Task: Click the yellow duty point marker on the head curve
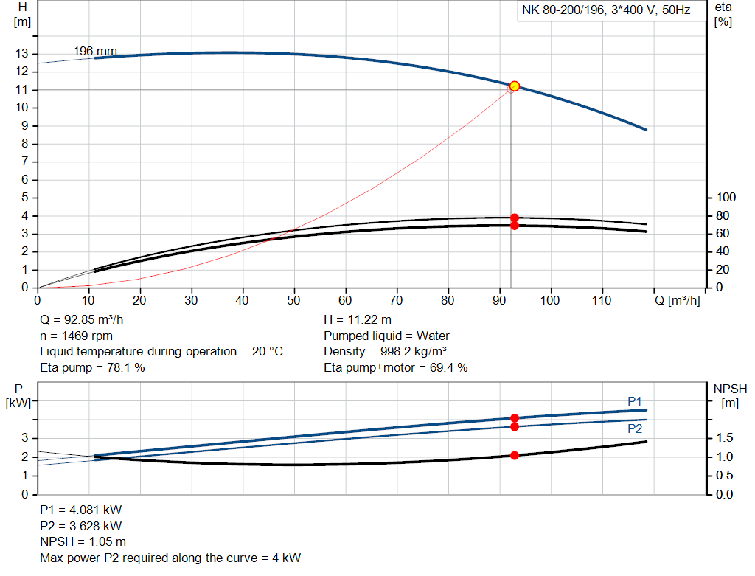[515, 86]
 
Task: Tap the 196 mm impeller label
[95, 51]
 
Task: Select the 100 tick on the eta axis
[727, 198]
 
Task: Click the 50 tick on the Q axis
[294, 301]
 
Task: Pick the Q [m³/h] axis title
[676, 301]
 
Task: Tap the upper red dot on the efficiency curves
[515, 218]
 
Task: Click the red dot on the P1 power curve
[515, 417]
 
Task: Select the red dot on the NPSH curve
[515, 455]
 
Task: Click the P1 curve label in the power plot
[635, 400]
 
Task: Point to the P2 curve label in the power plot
[635, 428]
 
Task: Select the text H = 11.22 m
[358, 320]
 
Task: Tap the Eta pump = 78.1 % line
[92, 367]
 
